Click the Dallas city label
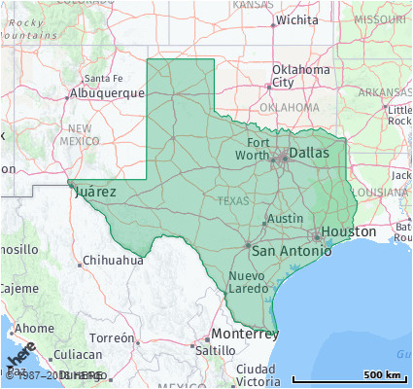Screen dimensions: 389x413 [310, 153]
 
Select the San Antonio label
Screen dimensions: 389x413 [291, 251]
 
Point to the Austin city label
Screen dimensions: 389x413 [285, 219]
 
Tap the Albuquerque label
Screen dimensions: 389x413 [106, 93]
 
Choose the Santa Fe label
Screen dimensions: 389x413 [103, 79]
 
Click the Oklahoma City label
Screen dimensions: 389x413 [300, 76]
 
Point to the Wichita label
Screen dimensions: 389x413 [296, 19]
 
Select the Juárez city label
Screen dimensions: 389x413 [94, 192]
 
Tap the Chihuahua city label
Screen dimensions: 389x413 [113, 261]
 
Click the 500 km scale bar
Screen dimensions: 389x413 [350, 374]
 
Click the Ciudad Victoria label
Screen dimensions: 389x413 [256, 375]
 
